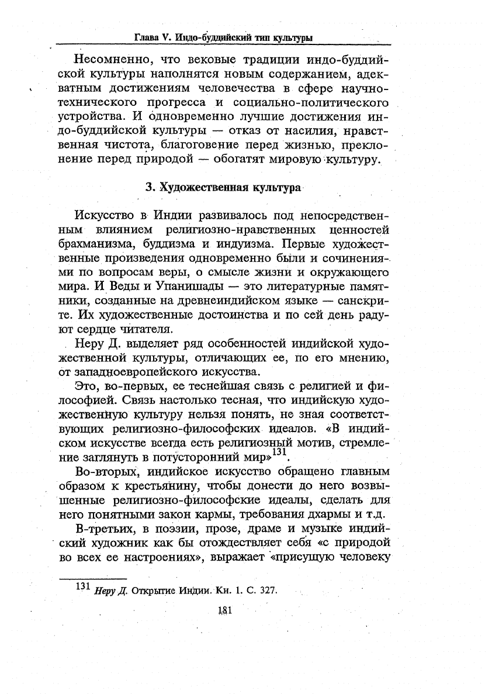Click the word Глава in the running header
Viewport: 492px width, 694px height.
pos(147,38)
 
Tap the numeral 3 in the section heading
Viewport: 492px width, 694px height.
pos(148,188)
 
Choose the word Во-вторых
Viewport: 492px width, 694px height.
pos(114,471)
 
